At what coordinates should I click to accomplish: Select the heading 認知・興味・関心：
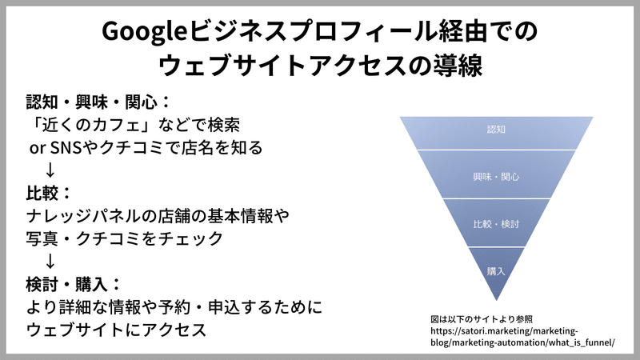[x=98, y=102]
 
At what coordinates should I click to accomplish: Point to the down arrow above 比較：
[x=50, y=170]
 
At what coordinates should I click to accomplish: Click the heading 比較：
[x=49, y=193]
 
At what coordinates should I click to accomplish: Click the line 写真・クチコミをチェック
[x=125, y=238]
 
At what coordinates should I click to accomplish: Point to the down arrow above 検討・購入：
[x=50, y=262]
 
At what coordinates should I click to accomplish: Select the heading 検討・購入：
[x=74, y=285]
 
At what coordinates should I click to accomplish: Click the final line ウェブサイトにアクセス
[x=116, y=330]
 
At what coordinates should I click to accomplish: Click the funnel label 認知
[x=496, y=130]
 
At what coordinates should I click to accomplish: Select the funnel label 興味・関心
[x=496, y=177]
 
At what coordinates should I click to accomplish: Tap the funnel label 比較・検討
[x=496, y=224]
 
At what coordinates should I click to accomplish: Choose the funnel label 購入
[x=496, y=271]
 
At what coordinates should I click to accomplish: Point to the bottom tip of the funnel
[x=496, y=301]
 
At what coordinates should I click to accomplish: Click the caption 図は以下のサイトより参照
[x=482, y=319]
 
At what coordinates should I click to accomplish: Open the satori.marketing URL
[x=522, y=337]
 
